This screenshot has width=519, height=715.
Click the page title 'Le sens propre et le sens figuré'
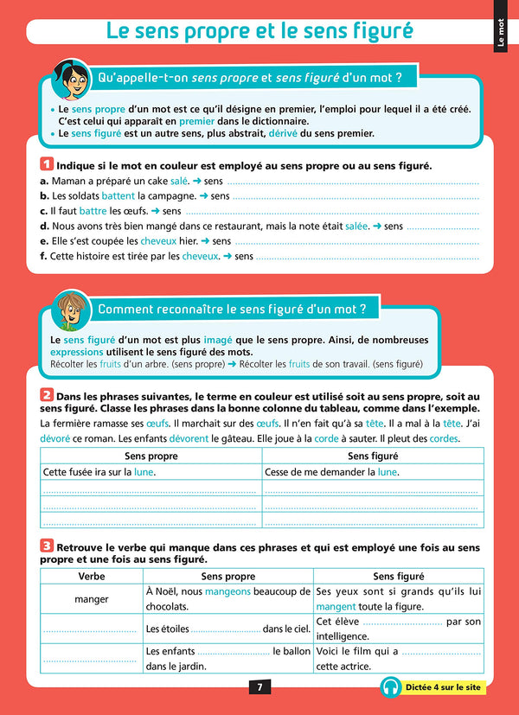pyautogui.click(x=259, y=30)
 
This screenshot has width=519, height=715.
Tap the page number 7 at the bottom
pyautogui.click(x=259, y=687)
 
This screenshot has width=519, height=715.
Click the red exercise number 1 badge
pyautogui.click(x=47, y=164)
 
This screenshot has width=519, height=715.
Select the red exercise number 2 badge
pyautogui.click(x=47, y=395)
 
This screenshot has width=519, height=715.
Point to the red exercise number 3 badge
pyautogui.click(x=47, y=546)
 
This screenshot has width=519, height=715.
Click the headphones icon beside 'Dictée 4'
pyautogui.click(x=389, y=687)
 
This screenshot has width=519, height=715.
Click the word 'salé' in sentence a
pyautogui.click(x=179, y=182)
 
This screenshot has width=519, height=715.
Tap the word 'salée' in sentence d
pyautogui.click(x=356, y=226)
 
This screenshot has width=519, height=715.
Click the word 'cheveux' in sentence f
pyautogui.click(x=201, y=256)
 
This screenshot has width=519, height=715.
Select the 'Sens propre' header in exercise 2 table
pyautogui.click(x=151, y=456)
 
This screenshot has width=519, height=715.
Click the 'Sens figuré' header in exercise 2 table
pyautogui.click(x=373, y=456)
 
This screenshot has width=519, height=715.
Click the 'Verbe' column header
pyautogui.click(x=92, y=576)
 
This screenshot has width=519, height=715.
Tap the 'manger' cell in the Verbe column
pyautogui.click(x=92, y=598)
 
